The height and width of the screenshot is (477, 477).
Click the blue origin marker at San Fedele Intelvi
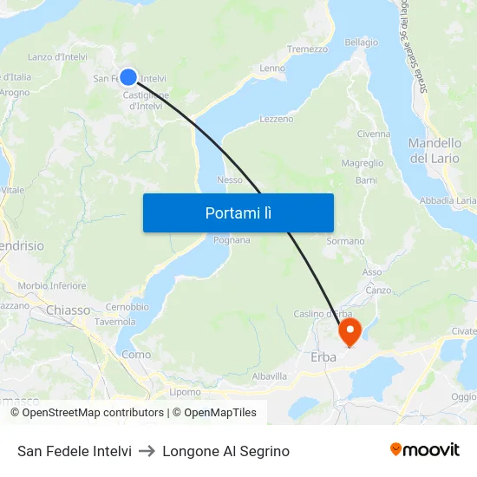point(128,77)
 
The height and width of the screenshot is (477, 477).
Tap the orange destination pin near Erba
point(350,330)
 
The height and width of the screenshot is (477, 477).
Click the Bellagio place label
point(361,42)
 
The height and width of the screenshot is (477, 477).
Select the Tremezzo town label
point(307,49)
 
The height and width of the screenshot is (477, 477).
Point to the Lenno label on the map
point(272,68)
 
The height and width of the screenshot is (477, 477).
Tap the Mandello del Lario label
point(435,150)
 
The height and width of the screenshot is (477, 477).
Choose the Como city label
point(135,355)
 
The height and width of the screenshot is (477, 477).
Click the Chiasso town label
point(68,310)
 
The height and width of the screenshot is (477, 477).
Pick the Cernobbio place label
point(127,307)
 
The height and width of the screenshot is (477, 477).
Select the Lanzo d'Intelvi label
point(56,57)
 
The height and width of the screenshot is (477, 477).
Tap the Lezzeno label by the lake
point(277,119)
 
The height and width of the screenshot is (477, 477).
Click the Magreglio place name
point(363,163)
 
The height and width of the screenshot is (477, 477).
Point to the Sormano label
point(345,241)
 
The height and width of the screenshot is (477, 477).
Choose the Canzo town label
point(378,290)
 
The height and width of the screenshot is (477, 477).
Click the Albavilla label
point(269,376)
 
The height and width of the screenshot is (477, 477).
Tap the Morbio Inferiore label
point(52,285)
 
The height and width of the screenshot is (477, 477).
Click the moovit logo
point(425,450)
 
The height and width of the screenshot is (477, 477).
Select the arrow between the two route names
point(147,451)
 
